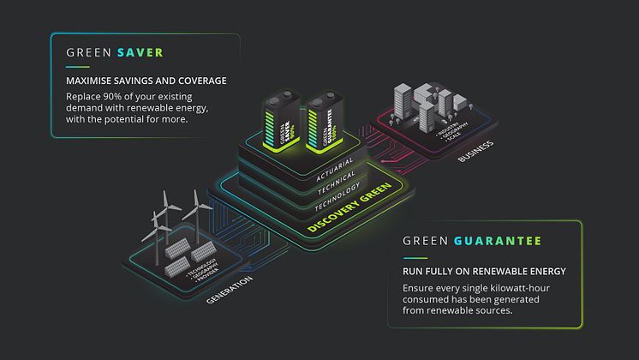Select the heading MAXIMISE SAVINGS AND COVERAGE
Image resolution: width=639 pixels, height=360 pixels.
[x=146, y=81]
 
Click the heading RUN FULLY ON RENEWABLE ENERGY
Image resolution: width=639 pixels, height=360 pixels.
[x=484, y=272]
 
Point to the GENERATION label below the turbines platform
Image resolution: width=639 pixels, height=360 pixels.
[x=229, y=291]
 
